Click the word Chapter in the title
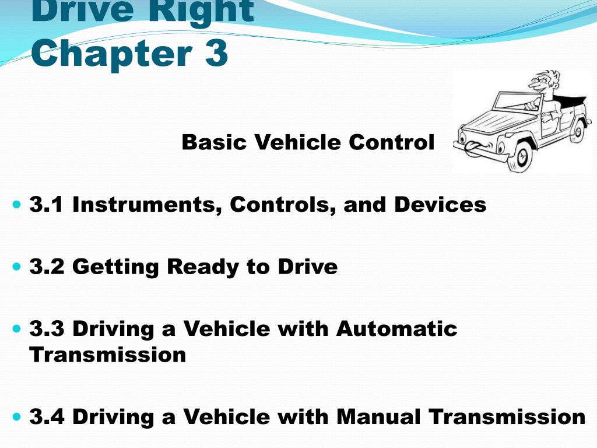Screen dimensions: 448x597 coord(108,54)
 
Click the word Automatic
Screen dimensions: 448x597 coord(396,328)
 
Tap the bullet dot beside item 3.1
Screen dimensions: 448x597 coord(16,205)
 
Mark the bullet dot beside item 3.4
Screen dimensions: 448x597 coord(16,417)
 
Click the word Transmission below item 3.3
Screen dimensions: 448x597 coord(108,354)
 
